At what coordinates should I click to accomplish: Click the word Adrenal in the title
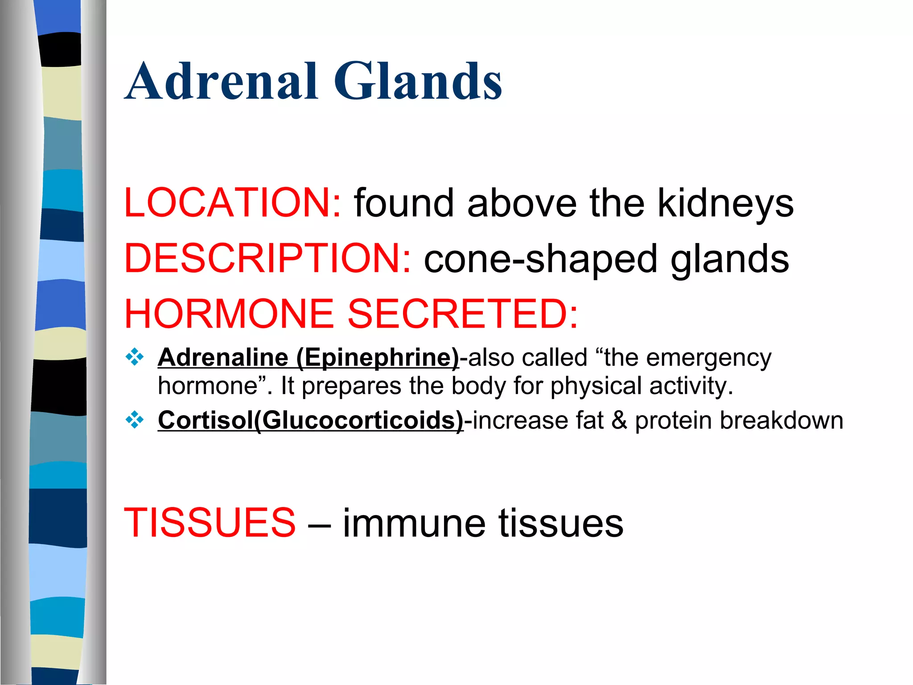[x=222, y=82]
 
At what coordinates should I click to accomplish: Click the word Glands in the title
[x=418, y=82]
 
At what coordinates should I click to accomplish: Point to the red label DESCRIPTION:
[x=267, y=259]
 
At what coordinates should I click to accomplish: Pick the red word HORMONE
[x=229, y=314]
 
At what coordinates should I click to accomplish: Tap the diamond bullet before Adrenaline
[x=135, y=357]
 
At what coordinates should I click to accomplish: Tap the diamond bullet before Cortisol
[x=135, y=420]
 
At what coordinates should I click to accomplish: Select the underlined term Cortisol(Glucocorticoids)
[x=311, y=421]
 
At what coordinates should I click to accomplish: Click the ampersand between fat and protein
[x=619, y=421]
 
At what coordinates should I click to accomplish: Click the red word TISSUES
[x=210, y=523]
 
